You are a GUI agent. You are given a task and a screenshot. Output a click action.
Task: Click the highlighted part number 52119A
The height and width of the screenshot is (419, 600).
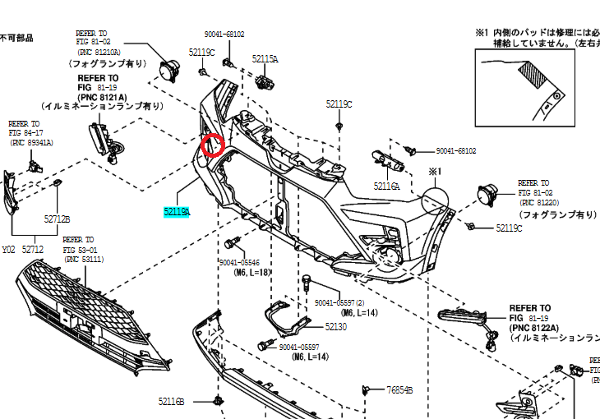pyautogui.click(x=177, y=212)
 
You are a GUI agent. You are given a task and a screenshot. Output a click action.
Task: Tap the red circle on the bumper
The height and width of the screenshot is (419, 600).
pyautogui.click(x=213, y=145)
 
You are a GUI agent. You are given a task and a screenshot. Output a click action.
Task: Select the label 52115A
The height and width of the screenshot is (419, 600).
pyautogui.click(x=265, y=59)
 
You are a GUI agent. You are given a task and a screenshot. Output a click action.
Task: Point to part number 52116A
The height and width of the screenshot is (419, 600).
pyautogui.click(x=386, y=186)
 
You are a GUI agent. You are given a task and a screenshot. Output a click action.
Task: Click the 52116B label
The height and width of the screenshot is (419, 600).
pyautogui.click(x=172, y=401)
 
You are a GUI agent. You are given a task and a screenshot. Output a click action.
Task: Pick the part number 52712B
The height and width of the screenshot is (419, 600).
pyautogui.click(x=57, y=219)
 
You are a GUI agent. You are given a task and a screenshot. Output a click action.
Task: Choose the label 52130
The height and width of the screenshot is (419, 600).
pyautogui.click(x=335, y=326)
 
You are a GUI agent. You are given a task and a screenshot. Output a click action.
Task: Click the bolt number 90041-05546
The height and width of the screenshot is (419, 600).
pyautogui.click(x=245, y=262)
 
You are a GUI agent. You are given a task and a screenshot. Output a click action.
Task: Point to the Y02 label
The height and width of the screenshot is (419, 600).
pyautogui.click(x=8, y=249)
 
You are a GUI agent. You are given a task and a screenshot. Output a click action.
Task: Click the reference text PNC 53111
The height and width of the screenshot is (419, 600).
pyautogui.click(x=84, y=259)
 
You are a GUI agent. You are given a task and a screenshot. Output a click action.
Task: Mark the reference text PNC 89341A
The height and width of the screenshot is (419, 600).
pyautogui.click(x=31, y=142)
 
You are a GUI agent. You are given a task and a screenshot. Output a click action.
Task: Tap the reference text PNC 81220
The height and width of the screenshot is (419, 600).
pyautogui.click(x=540, y=202)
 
